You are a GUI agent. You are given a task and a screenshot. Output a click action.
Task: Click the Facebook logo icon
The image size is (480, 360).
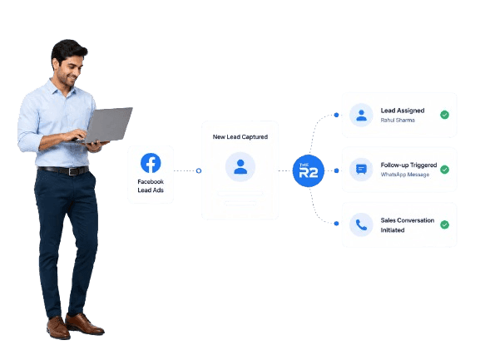point(151,163)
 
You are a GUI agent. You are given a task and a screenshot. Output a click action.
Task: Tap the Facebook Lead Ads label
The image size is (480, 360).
point(151,185)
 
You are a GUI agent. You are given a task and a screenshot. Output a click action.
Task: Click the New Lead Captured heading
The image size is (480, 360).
point(240,136)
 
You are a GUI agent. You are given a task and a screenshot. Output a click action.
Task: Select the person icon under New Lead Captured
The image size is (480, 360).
point(240,167)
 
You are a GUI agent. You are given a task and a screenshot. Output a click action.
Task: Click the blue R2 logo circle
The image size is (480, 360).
point(309,170)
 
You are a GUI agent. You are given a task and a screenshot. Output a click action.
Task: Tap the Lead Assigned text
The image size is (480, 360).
point(403,111)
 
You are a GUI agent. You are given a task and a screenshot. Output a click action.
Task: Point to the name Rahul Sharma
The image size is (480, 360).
point(398,121)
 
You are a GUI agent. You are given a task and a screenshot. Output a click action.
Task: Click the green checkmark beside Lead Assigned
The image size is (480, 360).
point(444,115)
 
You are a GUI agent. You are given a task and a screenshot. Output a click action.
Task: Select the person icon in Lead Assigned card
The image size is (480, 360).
point(361,115)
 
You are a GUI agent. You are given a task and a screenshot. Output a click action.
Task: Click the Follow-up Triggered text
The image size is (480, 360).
point(408,165)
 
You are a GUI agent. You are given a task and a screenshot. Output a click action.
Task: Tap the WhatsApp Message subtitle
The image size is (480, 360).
point(404,175)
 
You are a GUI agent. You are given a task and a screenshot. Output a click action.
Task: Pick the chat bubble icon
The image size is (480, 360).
point(361,169)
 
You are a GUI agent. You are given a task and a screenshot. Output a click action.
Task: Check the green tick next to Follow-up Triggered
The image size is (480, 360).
point(444,170)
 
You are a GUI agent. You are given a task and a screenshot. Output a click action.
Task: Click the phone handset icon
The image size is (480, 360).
point(361,224)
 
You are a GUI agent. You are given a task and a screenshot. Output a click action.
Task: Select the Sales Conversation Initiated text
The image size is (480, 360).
point(408,225)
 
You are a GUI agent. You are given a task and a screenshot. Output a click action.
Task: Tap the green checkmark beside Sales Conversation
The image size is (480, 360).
point(444,224)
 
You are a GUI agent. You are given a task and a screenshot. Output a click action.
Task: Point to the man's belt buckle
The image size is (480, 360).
point(72,171)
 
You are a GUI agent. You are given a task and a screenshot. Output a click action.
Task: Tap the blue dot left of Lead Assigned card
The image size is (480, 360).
point(336,115)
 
